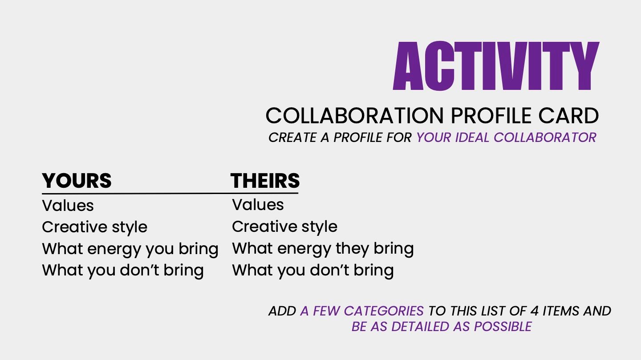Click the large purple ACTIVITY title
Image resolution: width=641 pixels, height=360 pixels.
pos(496,66)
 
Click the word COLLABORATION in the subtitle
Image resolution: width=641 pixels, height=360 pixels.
pos(354,116)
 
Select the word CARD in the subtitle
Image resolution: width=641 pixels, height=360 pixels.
pos(568,116)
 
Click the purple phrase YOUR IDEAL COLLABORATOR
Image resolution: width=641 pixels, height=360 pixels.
pos(507,138)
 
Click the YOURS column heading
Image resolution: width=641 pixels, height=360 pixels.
pos(77,181)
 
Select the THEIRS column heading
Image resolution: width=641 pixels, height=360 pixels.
pos(265,181)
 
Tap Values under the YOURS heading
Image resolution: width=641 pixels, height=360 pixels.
pos(68,206)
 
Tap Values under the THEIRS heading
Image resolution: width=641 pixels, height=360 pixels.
pos(258,205)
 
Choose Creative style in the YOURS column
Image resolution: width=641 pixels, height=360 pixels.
pos(94,227)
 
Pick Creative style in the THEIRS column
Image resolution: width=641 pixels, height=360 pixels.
pos(284,227)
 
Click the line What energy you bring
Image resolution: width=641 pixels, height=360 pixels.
pos(130,249)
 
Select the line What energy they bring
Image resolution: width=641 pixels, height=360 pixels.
pos(323,249)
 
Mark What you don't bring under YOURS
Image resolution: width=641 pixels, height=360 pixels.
pos(123,271)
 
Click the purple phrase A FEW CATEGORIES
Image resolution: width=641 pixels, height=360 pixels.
pos(362,311)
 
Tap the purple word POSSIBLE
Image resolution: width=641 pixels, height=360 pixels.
pos(503,327)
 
